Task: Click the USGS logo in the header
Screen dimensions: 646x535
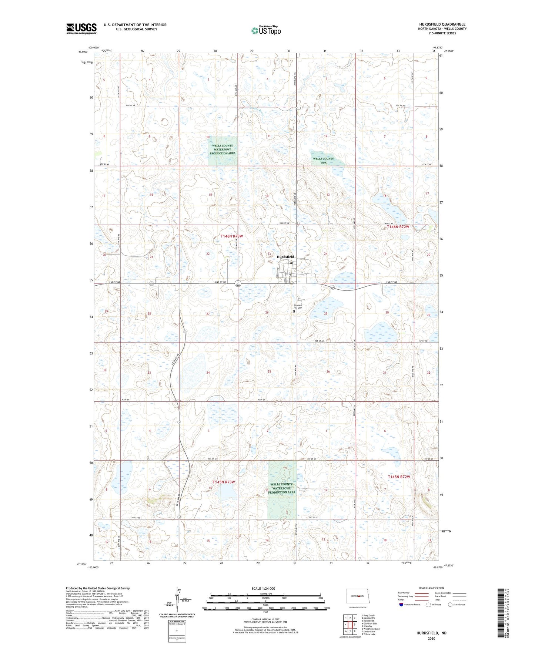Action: [x=81, y=28]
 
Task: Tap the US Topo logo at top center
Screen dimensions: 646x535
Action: [x=266, y=30]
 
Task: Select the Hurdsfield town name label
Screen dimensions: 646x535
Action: [x=285, y=256]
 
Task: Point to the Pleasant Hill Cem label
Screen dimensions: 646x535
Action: [x=298, y=306]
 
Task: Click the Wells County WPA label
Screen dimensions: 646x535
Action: [x=323, y=160]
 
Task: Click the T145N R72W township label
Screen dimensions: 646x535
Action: [x=399, y=477]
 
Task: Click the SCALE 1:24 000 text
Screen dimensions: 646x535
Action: [x=263, y=588]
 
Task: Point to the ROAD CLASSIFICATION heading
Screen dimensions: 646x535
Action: [x=431, y=588]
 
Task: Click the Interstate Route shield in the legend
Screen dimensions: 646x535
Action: [x=401, y=605]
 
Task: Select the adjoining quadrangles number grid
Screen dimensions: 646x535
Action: [x=350, y=624]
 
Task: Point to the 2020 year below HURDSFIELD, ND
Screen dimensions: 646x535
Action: [x=431, y=638]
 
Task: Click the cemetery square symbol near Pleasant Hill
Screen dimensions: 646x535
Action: [x=294, y=312]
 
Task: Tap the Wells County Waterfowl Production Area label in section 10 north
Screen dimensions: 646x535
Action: [x=222, y=149]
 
